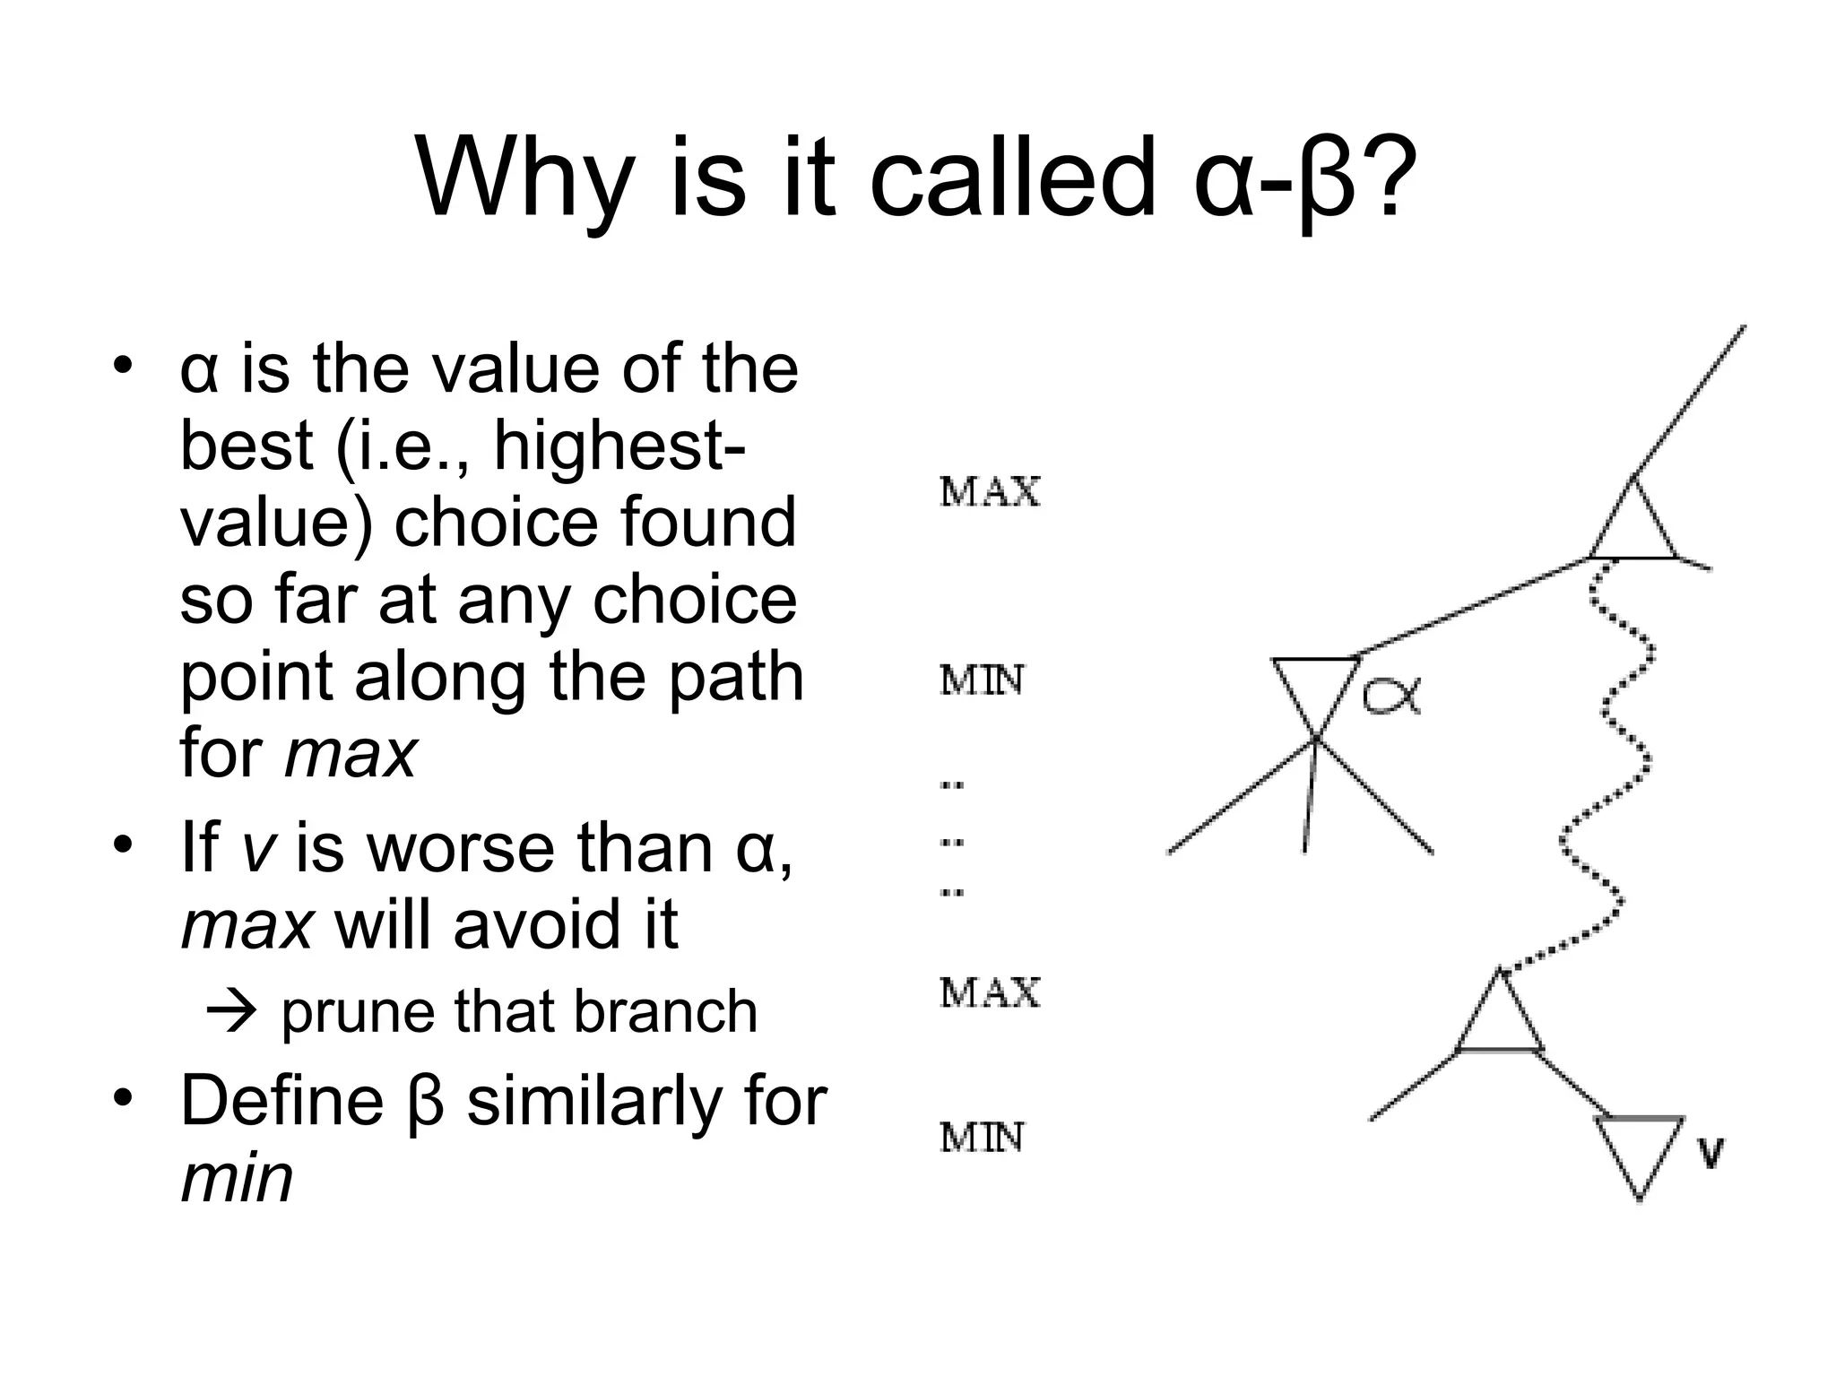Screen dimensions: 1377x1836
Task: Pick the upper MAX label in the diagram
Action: pyautogui.click(x=990, y=493)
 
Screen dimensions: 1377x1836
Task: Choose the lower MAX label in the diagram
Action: pyautogui.click(x=990, y=993)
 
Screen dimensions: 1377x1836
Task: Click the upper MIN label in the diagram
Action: pyautogui.click(x=982, y=681)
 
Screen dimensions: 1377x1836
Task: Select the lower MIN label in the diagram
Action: pyautogui.click(x=982, y=1139)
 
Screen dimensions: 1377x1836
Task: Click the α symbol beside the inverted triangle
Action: pyautogui.click(x=1392, y=696)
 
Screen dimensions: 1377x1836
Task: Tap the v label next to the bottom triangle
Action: pyautogui.click(x=1710, y=1153)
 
